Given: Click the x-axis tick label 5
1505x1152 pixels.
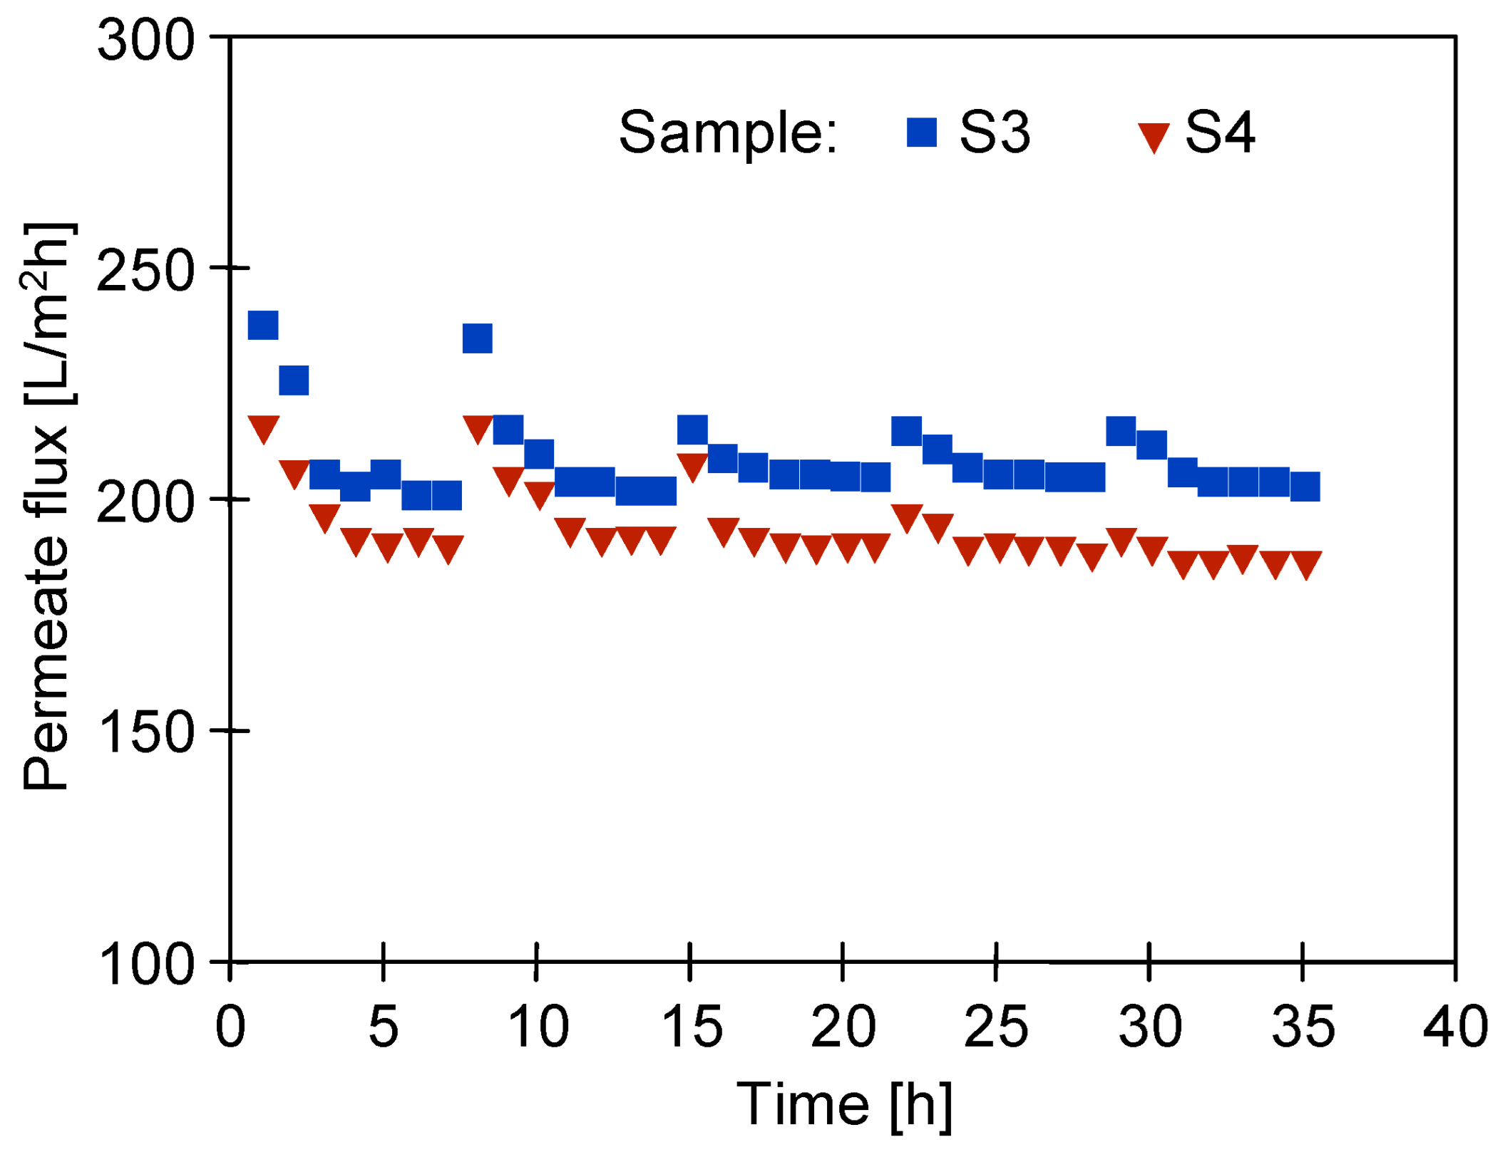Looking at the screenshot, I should pyautogui.click(x=383, y=1028).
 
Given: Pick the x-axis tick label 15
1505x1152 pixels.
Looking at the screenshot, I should pyautogui.click(x=691, y=1028).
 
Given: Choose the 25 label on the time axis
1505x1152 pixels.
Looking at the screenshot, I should pyautogui.click(x=996, y=1028).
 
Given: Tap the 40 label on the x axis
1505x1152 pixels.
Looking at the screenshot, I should pyautogui.click(x=1455, y=1028).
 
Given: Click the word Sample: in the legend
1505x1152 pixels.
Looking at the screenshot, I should pyautogui.click(x=727, y=133).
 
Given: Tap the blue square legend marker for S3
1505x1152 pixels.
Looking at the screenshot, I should pyautogui.click(x=921, y=133).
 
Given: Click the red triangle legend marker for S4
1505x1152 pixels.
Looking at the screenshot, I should pyautogui.click(x=1153, y=136).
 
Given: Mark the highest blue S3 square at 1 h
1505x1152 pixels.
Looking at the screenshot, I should pyautogui.click(x=262, y=326).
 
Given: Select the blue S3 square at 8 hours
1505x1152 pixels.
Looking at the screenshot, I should pyautogui.click(x=477, y=338).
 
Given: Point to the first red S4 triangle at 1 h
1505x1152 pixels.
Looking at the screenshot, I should pyautogui.click(x=263, y=427).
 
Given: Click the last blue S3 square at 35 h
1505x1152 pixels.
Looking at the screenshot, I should pyautogui.click(x=1305, y=487).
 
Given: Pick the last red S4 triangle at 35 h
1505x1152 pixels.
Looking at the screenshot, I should pyautogui.click(x=1305, y=563).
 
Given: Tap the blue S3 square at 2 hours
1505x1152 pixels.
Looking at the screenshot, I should pyautogui.click(x=294, y=380).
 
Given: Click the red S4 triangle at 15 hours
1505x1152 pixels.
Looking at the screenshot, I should pyautogui.click(x=692, y=465).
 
